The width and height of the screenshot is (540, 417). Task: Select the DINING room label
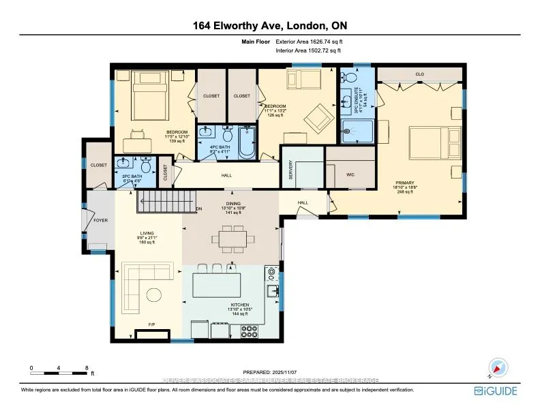[x=234, y=203]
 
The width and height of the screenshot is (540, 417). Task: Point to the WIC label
[x=350, y=175]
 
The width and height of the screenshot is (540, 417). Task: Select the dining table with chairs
[x=234, y=239]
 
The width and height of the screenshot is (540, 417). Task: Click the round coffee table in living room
[x=154, y=294]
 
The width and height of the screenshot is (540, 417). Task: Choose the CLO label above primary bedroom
[x=419, y=74]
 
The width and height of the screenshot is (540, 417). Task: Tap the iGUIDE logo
[x=495, y=391]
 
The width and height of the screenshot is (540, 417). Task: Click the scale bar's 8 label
[x=87, y=368]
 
